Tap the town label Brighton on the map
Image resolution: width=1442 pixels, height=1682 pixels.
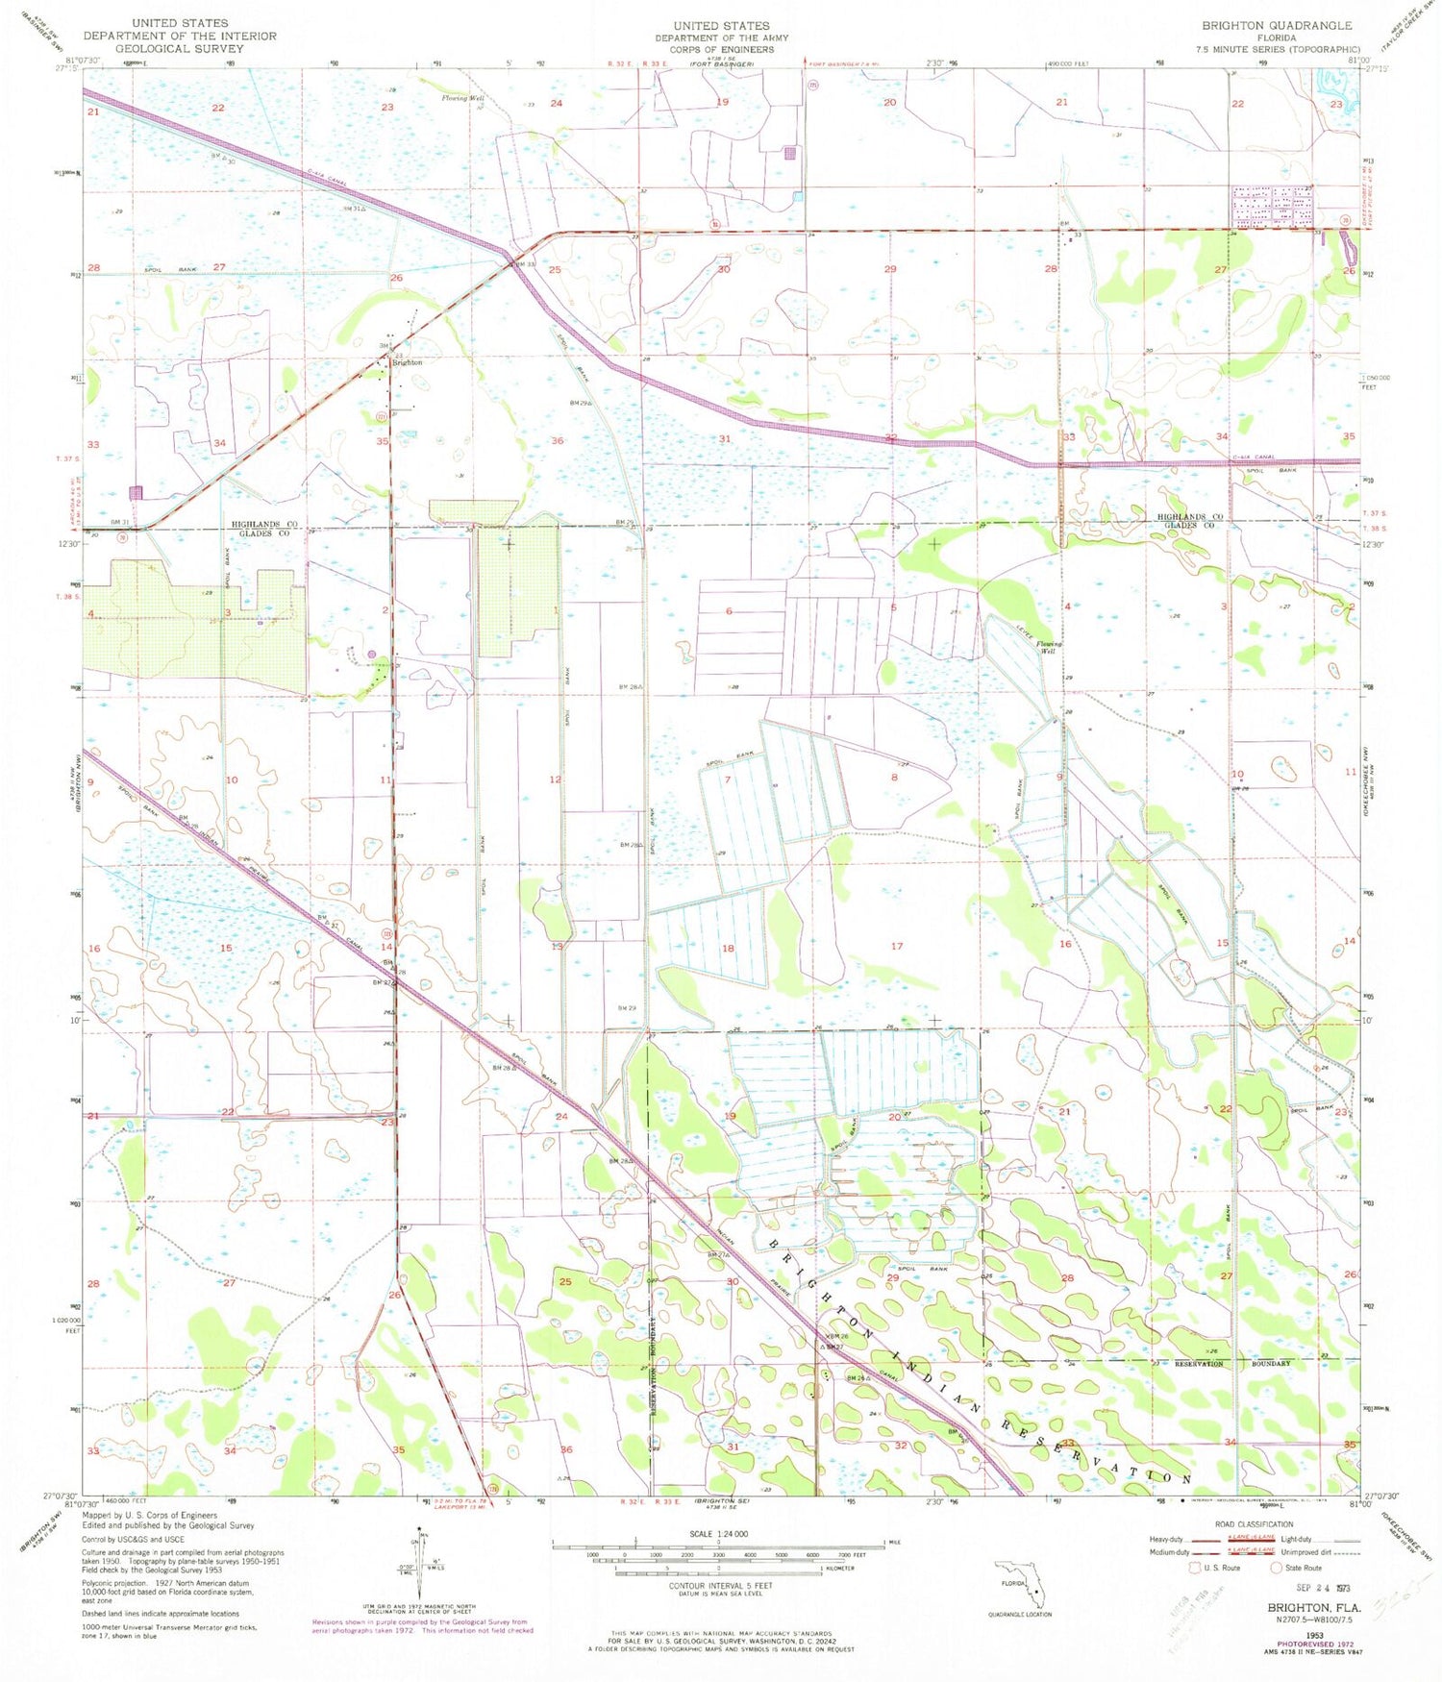point(407,362)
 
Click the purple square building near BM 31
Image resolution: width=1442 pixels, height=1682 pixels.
point(136,492)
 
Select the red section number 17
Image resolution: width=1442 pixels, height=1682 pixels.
point(896,947)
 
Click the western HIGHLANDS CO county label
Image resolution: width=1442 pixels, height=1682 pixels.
point(263,525)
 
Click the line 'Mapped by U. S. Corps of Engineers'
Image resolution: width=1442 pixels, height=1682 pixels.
point(149,1515)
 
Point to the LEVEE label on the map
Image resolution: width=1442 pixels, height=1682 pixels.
point(1024,631)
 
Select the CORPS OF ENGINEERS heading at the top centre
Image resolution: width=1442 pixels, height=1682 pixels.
point(720,49)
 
